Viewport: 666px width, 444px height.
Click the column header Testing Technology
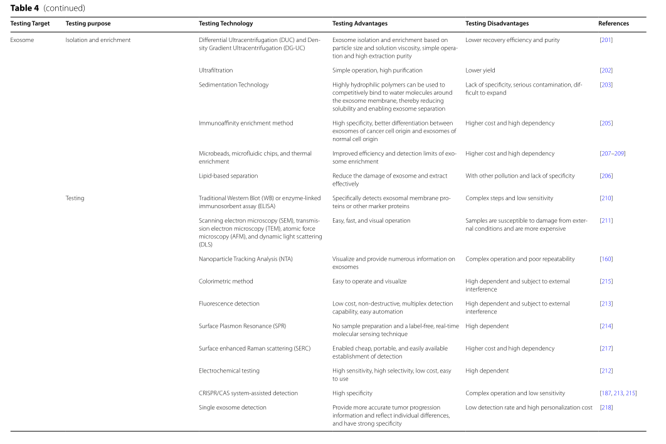(226, 24)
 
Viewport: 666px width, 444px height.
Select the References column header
(613, 24)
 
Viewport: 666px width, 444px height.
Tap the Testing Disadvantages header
(497, 24)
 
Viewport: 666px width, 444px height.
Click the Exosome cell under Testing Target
(22, 40)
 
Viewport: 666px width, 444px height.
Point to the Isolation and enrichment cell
(98, 40)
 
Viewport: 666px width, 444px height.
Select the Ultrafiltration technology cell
(216, 70)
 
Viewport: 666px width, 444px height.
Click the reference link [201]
(606, 40)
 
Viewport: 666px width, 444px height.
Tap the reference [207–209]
(612, 154)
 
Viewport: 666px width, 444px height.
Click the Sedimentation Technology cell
(233, 85)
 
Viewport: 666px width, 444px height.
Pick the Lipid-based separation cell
(228, 176)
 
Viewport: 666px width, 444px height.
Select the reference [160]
(606, 259)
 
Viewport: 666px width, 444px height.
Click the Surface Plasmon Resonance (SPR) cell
(242, 326)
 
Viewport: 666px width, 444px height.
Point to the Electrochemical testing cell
(229, 371)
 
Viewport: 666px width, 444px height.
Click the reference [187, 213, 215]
(618, 393)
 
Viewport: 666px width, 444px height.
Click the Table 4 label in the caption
(24, 8)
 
